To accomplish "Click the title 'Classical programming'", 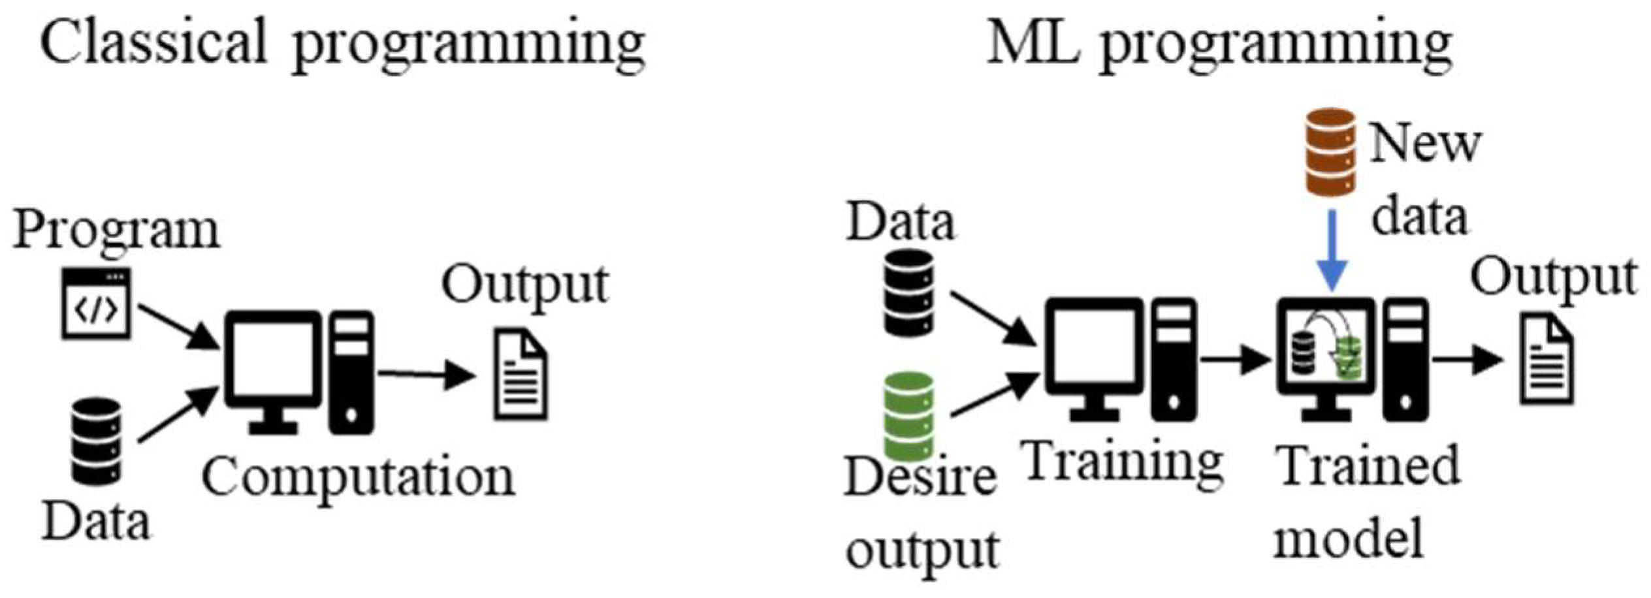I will pos(342,44).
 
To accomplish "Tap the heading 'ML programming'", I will pos(1219,44).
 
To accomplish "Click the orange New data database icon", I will pos(1330,152).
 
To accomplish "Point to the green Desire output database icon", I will pos(908,416).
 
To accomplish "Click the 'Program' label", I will pos(116,230).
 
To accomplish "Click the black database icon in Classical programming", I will pos(97,441).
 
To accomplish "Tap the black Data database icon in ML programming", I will pos(908,293).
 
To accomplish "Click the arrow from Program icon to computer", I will pos(178,326).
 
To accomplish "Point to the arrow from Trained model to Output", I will pos(1467,359).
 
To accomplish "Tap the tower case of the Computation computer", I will pos(351,372).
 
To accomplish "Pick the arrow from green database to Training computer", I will pos(993,394).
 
